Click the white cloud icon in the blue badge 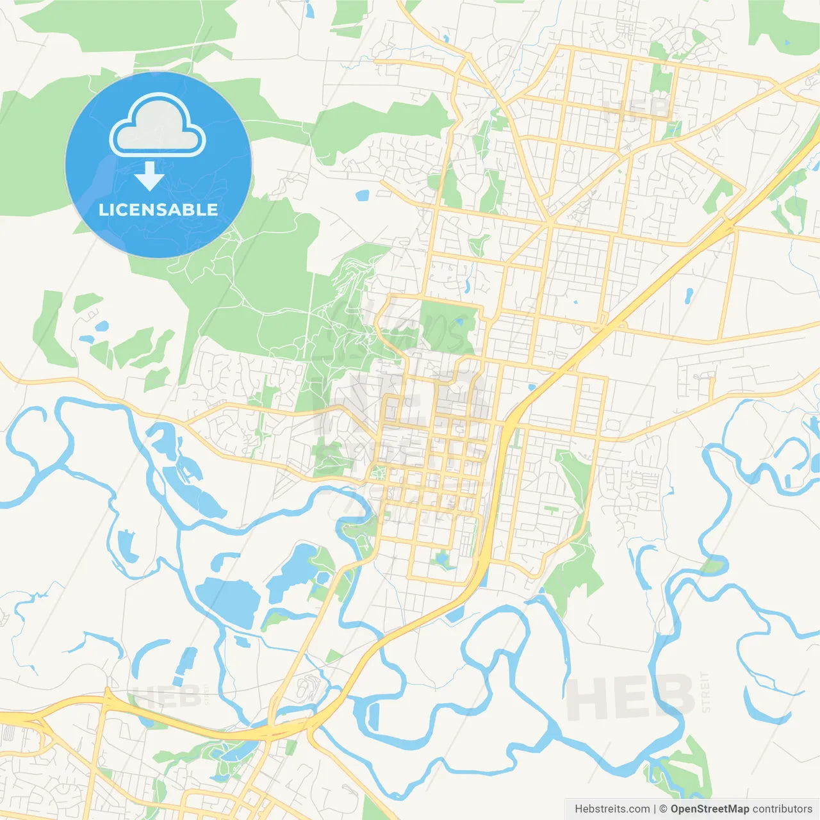pyautogui.click(x=158, y=126)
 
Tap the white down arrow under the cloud pyautogui.click(x=149, y=176)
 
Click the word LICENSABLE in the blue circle pyautogui.click(x=158, y=209)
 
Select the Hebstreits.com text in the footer pyautogui.click(x=612, y=809)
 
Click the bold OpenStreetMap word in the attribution pyautogui.click(x=709, y=809)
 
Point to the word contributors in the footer pyautogui.click(x=782, y=809)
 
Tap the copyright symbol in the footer pyautogui.click(x=663, y=809)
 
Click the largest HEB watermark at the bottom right pyautogui.click(x=630, y=698)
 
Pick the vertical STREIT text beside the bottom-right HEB pyautogui.click(x=705, y=692)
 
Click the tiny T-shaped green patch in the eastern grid pyautogui.click(x=551, y=510)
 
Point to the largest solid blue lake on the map pyautogui.click(x=228, y=601)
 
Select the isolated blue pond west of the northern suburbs pyautogui.click(x=363, y=194)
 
